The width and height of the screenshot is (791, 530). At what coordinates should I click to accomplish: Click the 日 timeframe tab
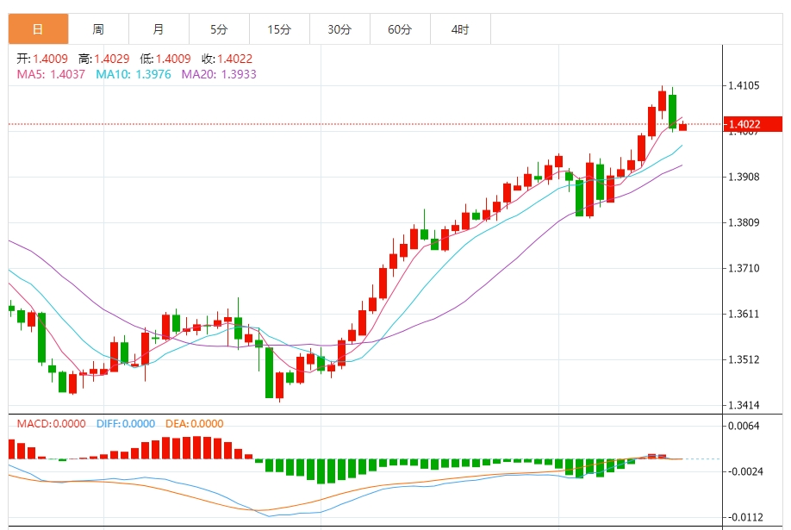click(38, 29)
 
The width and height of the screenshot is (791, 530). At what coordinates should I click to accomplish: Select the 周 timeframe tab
click(98, 29)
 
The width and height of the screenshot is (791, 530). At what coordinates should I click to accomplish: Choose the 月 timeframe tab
click(159, 29)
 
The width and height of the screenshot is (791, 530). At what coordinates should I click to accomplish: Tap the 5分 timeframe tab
click(219, 29)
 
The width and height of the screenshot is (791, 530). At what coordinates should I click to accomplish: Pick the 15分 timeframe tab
click(279, 29)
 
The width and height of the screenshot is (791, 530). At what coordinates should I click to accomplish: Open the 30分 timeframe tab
click(339, 29)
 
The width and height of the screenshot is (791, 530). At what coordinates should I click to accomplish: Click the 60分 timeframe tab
click(400, 29)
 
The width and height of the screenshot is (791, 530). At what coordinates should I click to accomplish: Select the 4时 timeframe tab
click(460, 29)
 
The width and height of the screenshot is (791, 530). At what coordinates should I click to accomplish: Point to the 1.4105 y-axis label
click(745, 85)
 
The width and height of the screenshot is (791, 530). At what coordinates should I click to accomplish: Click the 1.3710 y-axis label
click(745, 268)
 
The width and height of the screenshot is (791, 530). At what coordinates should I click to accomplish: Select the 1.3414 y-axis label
click(745, 405)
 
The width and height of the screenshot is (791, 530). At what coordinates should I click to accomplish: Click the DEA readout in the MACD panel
click(194, 423)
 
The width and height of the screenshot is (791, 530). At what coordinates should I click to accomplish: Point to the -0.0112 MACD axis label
click(745, 517)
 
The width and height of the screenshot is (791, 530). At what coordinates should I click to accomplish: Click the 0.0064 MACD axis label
click(745, 426)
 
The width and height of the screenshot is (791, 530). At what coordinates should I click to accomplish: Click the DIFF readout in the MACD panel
click(125, 423)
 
